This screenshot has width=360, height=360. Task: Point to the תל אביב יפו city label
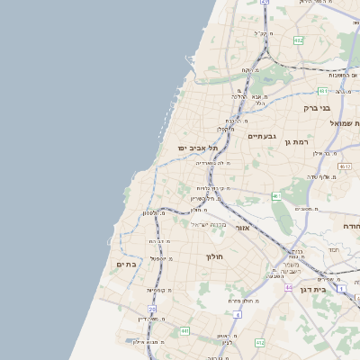coord(198,148)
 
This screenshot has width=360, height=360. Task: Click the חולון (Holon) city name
coord(214,256)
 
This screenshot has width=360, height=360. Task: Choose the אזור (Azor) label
coord(242,228)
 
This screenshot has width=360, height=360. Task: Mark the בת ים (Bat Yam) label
coord(126,264)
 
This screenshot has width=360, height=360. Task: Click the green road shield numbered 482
coord(298,40)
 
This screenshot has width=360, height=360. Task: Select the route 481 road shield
coord(323,91)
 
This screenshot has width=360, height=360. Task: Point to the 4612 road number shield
coord(345,166)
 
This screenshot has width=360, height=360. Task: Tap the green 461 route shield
coord(276,196)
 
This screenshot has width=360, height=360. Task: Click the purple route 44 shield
coord(289,286)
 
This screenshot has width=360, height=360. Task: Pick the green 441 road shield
coord(184,331)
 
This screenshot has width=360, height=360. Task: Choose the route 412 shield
coord(260,342)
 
